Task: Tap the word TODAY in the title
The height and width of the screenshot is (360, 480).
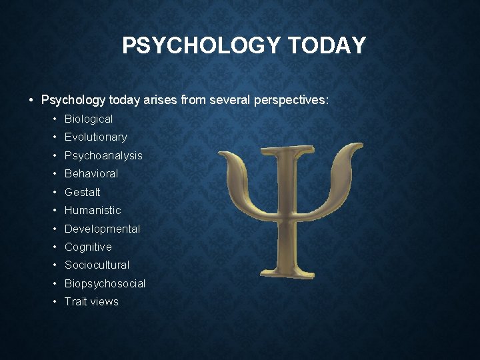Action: click(327, 45)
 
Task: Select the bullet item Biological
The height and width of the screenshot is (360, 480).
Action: click(89, 119)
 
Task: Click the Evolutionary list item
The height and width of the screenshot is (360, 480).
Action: click(95, 137)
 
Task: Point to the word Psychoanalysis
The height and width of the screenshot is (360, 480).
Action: click(103, 155)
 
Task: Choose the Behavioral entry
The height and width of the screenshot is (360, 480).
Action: click(91, 173)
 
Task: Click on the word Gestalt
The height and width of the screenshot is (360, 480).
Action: click(83, 192)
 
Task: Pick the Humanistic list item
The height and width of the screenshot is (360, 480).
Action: click(93, 210)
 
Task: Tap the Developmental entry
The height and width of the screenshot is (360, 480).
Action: click(102, 229)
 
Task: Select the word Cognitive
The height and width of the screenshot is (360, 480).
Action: click(88, 247)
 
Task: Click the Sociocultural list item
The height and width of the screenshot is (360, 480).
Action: click(97, 265)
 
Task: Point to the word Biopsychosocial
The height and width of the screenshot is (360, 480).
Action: click(105, 283)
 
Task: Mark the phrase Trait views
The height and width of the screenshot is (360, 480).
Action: click(91, 301)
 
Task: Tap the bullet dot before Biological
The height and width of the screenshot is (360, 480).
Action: click(55, 119)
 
